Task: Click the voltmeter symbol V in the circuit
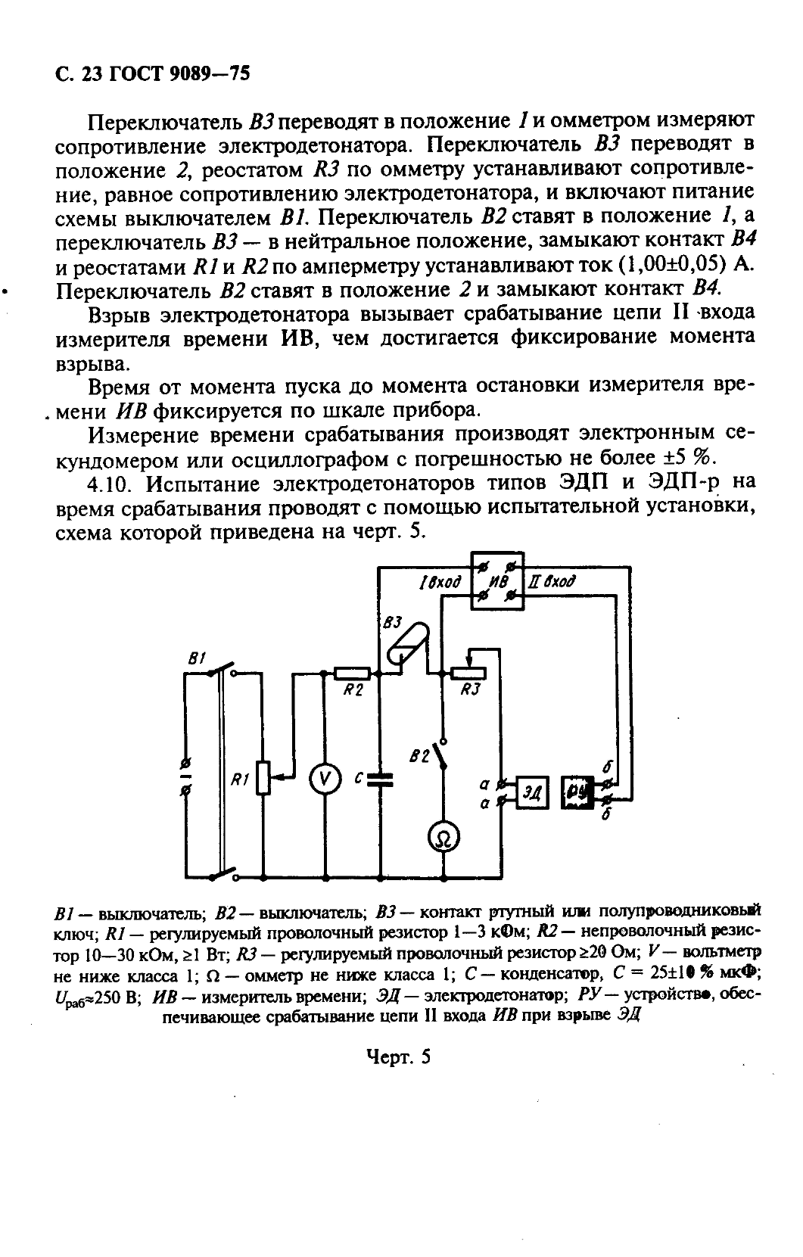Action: (324, 781)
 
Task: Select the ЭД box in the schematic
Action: (533, 791)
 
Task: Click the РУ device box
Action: (578, 792)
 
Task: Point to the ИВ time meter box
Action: (496, 581)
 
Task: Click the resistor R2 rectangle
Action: (353, 672)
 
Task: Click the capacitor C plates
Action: (381, 780)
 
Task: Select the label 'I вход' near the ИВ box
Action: (440, 582)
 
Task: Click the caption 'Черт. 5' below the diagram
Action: (398, 1056)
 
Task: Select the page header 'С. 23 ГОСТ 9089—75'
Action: (152, 73)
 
